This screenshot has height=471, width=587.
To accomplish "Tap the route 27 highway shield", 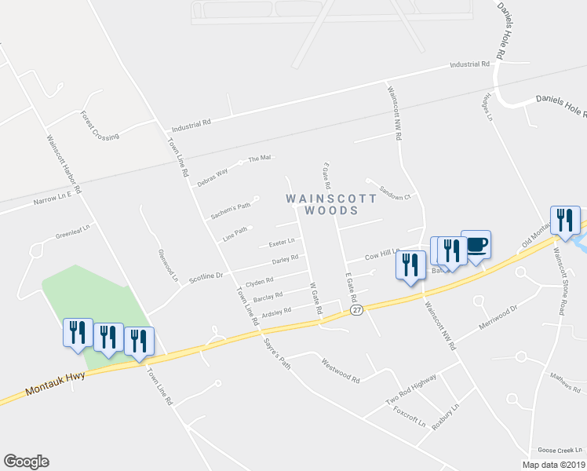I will [x=357, y=311].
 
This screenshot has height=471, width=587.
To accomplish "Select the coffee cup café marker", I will [x=476, y=246].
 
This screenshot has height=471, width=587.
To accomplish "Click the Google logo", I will [x=26, y=462].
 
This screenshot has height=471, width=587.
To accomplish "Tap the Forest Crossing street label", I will [x=100, y=125].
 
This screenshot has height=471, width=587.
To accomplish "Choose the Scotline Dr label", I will [x=209, y=276].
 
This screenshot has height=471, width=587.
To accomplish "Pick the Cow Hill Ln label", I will [x=384, y=256].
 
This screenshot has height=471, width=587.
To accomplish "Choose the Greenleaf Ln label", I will [x=73, y=234].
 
